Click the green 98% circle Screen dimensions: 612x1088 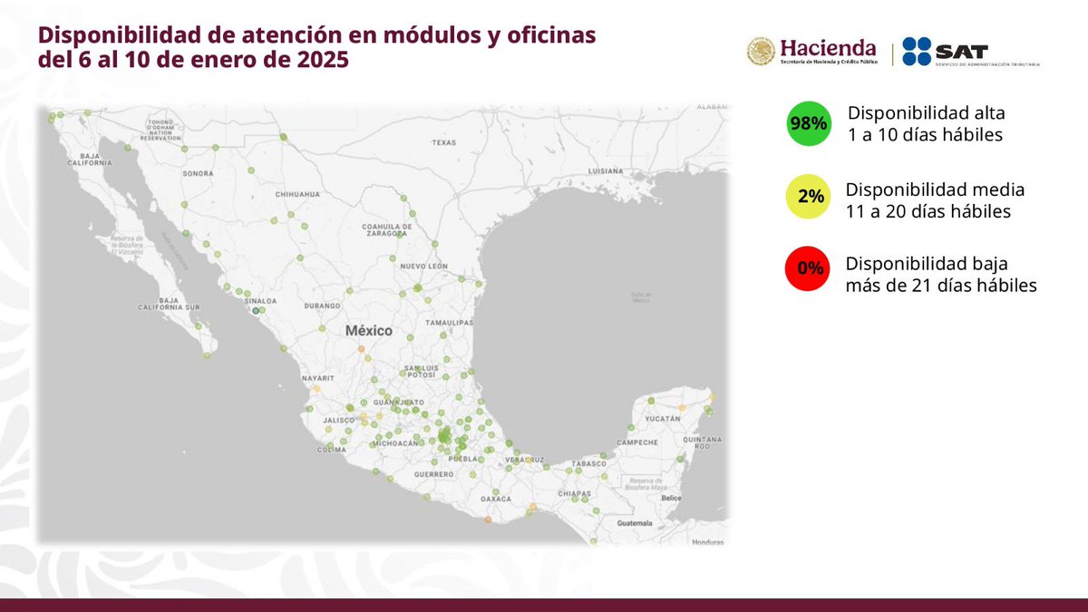[x=808, y=124]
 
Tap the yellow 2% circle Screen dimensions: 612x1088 [x=809, y=197]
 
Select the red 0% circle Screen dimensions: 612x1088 [x=809, y=268]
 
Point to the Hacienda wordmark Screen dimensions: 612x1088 [x=828, y=48]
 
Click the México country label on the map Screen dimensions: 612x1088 [x=369, y=331]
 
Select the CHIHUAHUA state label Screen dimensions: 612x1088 [x=298, y=194]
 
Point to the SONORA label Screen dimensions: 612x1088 [x=198, y=172]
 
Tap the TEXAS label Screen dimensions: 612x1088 [x=443, y=142]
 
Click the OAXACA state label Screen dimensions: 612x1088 [x=496, y=499]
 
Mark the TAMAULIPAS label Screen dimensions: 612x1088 [x=452, y=322]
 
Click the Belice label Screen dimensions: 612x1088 [x=671, y=498]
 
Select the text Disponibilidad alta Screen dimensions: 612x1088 [x=926, y=114]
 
